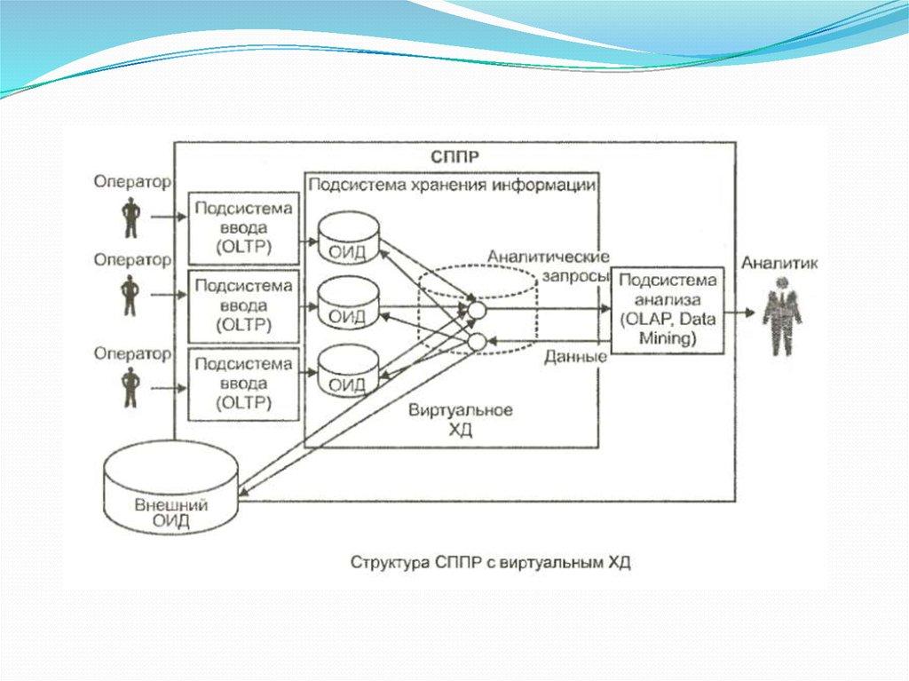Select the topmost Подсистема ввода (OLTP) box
click(x=243, y=226)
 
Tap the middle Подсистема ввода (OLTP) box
click(x=243, y=305)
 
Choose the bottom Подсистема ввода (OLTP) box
click(x=243, y=383)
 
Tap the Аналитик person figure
click(x=781, y=315)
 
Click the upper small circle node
click(x=477, y=310)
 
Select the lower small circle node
click(x=477, y=342)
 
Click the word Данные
click(x=574, y=357)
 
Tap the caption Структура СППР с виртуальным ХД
click(x=490, y=562)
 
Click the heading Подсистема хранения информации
click(x=451, y=185)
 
